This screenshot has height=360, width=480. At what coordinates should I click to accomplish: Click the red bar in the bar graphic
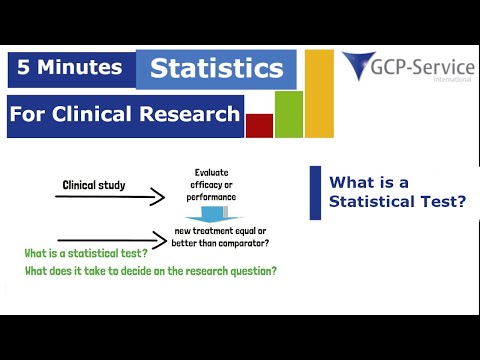click(259, 125)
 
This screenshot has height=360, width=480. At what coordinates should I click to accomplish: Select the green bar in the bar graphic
click(288, 114)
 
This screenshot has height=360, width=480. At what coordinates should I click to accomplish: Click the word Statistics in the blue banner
click(216, 69)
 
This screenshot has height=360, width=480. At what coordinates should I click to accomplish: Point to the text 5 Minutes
click(71, 68)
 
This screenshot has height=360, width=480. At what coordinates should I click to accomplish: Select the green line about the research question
click(150, 271)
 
